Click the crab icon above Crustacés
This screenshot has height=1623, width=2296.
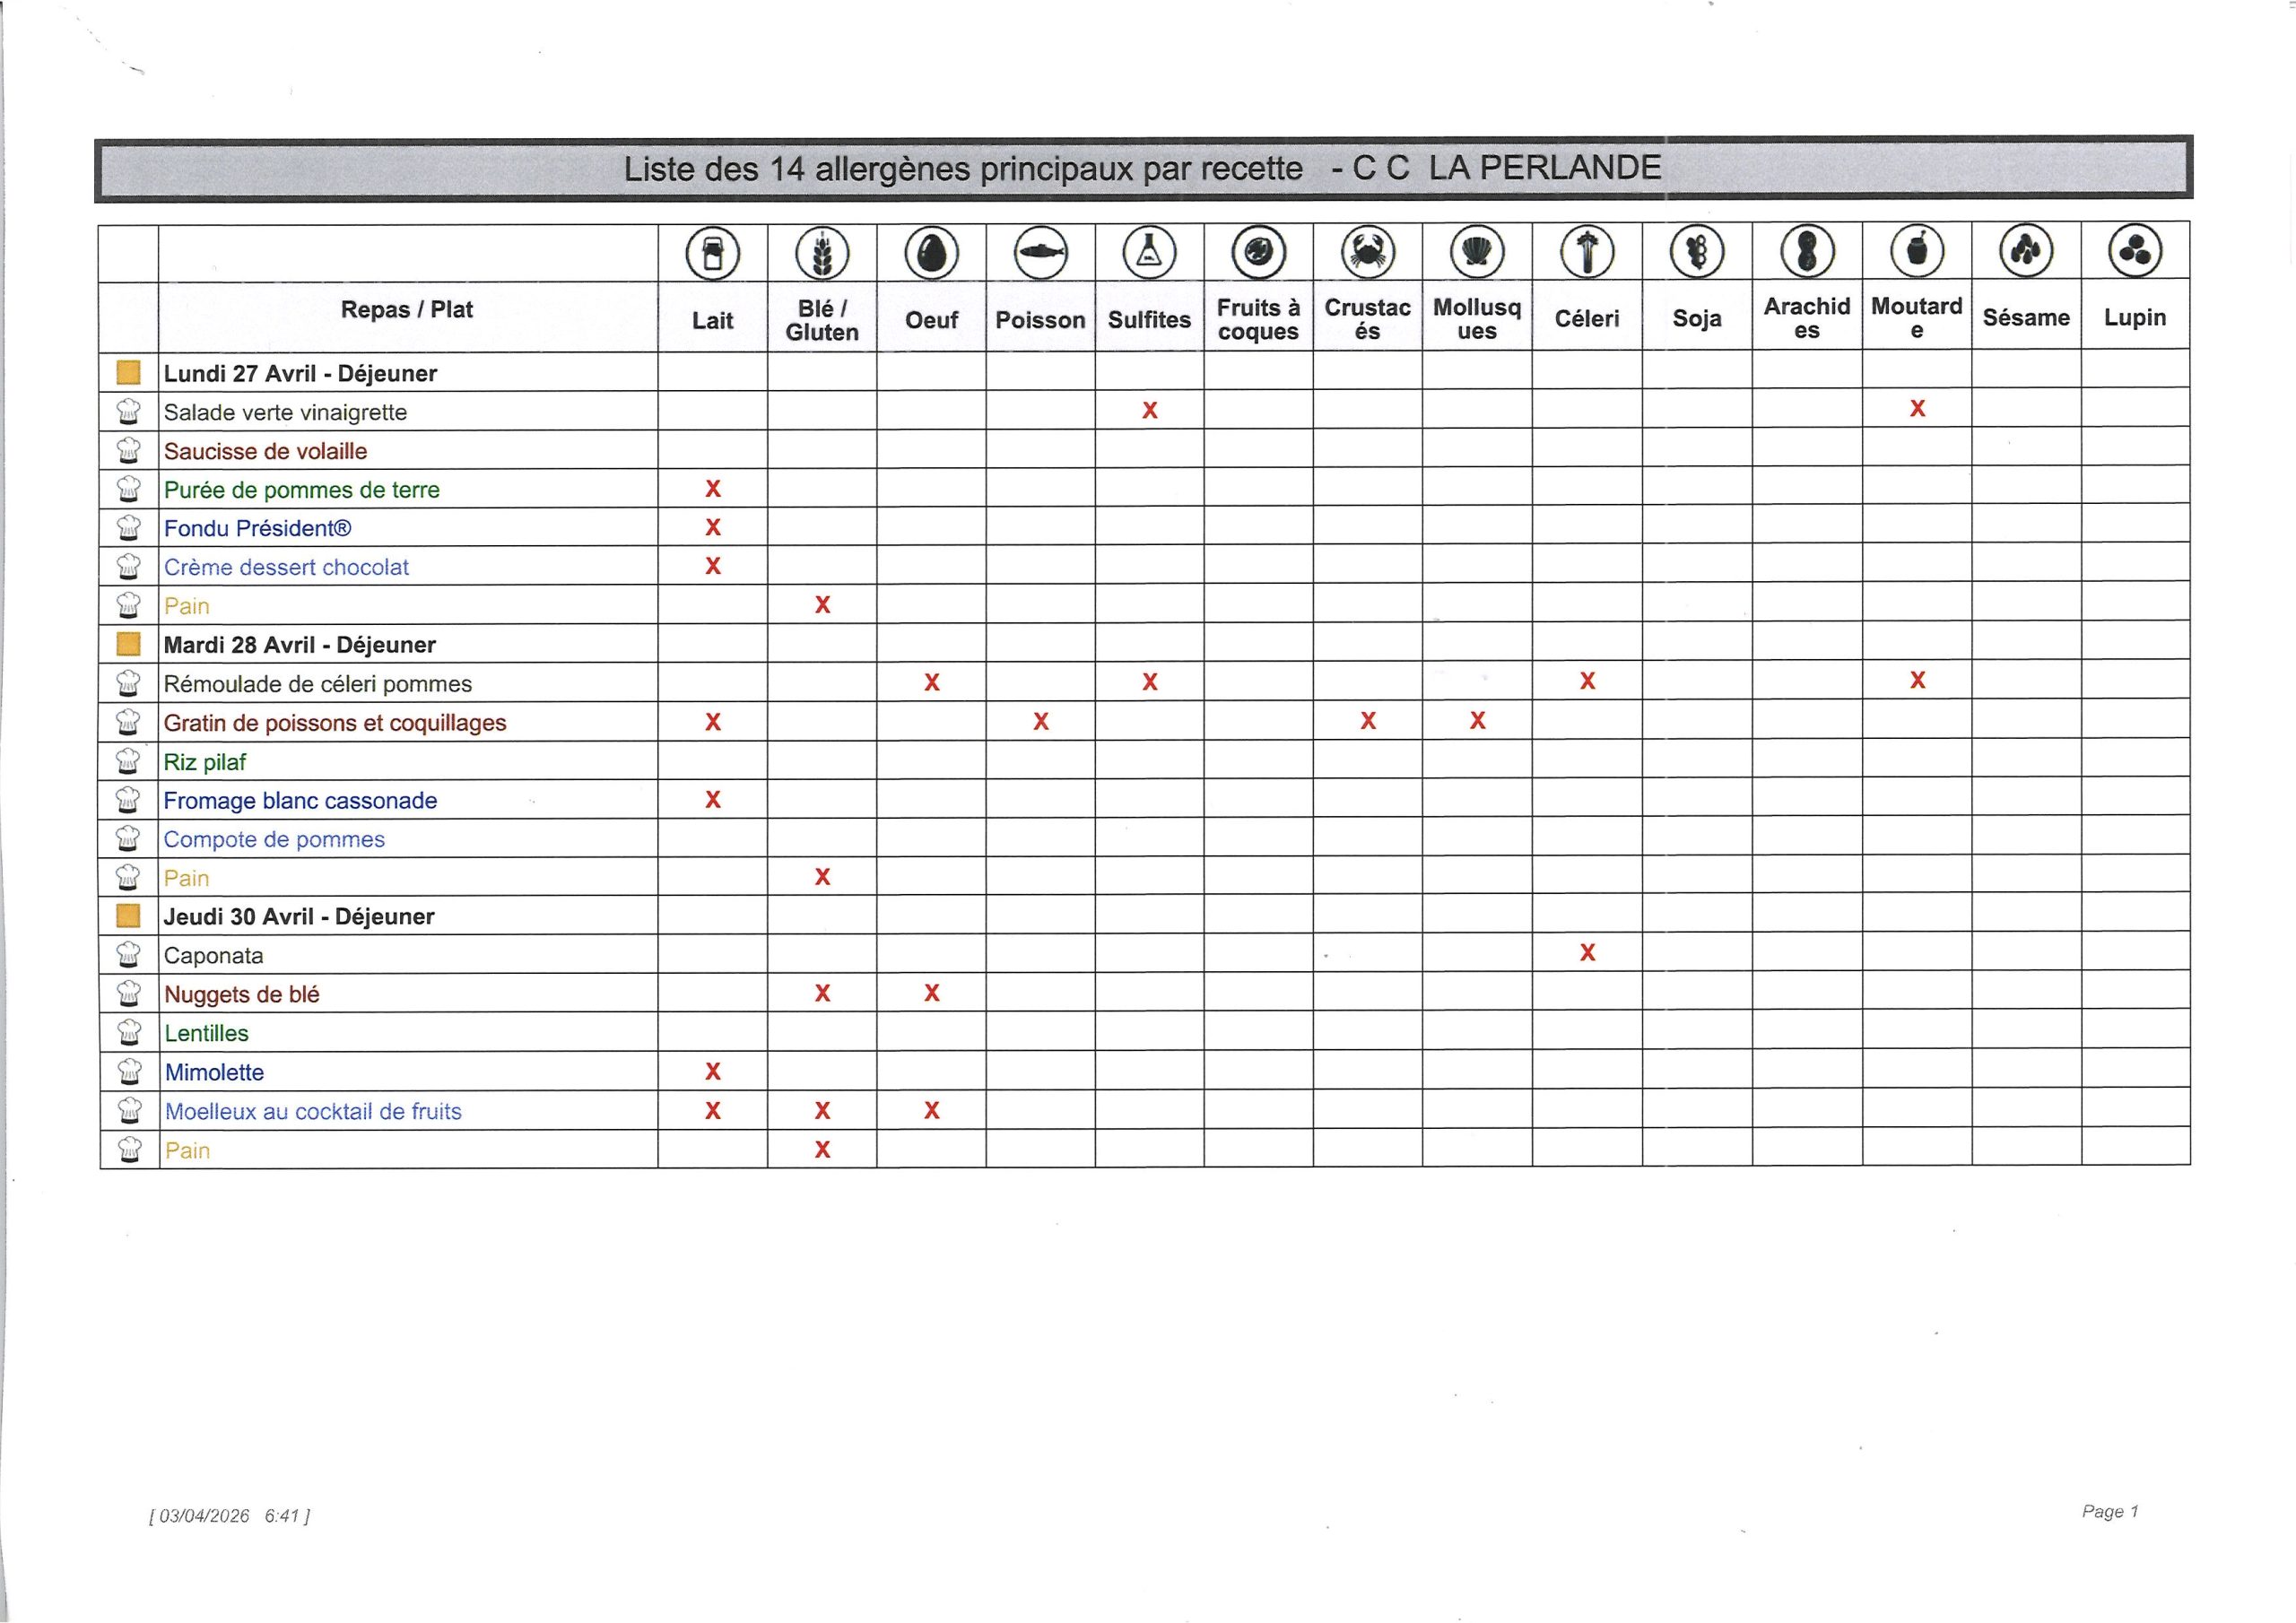[1367, 251]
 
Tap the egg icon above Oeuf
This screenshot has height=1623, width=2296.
[931, 252]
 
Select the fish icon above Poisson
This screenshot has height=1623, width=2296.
[1040, 252]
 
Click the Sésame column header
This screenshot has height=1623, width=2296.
[2026, 317]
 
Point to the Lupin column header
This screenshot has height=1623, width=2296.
[2135, 317]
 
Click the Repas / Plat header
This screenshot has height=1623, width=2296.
[406, 310]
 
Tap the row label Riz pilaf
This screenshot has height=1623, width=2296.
[205, 762]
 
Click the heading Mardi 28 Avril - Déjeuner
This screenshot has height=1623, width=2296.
[299, 645]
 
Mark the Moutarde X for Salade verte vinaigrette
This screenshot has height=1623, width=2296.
[1917, 408]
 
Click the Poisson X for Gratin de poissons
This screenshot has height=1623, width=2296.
[1041, 721]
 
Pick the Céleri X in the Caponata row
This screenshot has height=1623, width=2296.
[1587, 952]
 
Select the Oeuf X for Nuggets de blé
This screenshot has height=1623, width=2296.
[932, 993]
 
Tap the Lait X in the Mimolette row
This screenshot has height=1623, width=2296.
[713, 1071]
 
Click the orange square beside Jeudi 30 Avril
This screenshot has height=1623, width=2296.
[128, 916]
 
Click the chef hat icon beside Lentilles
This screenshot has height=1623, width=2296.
[128, 1032]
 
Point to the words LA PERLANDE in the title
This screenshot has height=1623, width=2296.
[1545, 167]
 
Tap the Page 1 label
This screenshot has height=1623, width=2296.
[2110, 1511]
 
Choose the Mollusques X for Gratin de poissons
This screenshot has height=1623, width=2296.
[1477, 720]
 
